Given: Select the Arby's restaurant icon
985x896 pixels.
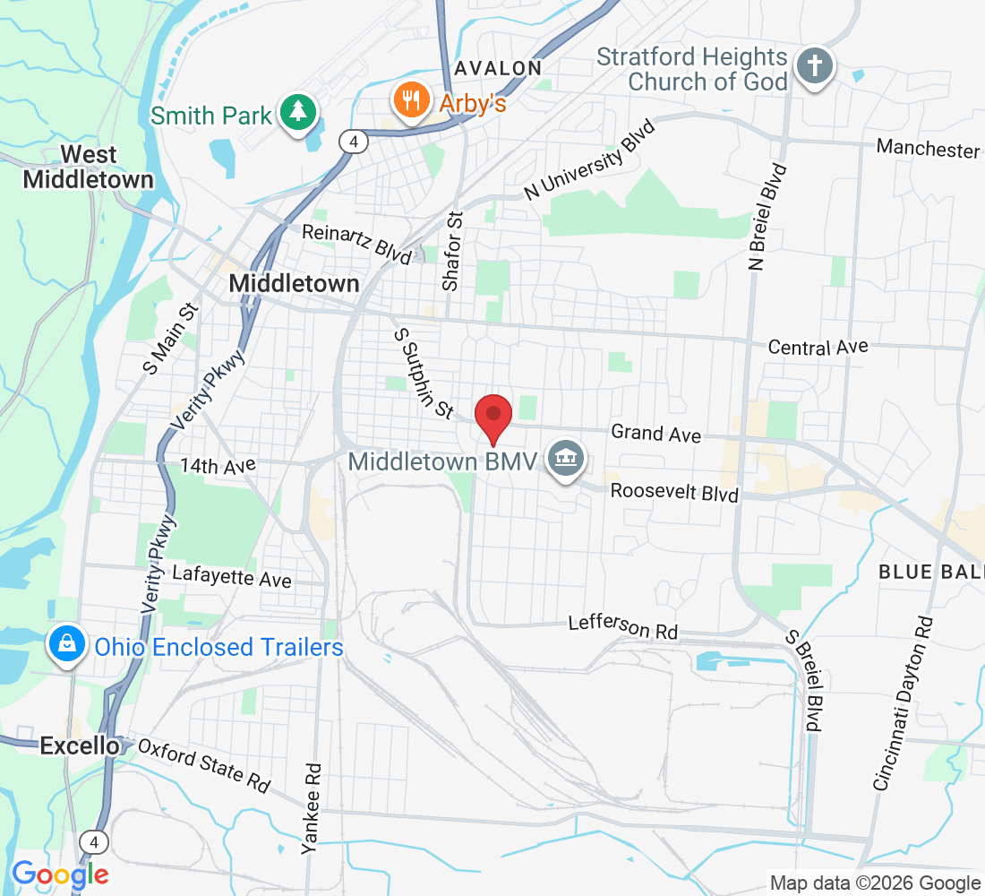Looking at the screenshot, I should tap(411, 101).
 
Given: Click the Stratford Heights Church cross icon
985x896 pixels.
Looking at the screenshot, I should tap(815, 67).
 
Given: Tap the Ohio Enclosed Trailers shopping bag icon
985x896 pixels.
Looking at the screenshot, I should tap(67, 644).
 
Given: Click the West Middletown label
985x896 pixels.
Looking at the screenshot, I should tap(88, 166).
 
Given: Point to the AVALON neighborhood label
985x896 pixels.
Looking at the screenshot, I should tap(498, 68).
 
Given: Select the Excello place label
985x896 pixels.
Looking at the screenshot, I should tap(80, 745).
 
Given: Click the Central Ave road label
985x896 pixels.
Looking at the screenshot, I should tap(818, 347).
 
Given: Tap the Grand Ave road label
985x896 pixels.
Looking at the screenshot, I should tap(655, 434).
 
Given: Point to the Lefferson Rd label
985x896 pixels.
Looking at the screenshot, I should tap(622, 627).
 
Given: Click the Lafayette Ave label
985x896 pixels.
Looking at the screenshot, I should tap(232, 577).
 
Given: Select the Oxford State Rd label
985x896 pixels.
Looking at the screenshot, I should tap(204, 764).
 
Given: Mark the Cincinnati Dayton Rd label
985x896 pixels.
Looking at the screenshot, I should tap(903, 703).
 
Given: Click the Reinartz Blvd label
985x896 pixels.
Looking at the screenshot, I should tap(356, 243).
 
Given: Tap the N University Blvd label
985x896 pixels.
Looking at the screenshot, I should tap(590, 159).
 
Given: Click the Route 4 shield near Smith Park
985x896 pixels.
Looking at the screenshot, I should tap(355, 141).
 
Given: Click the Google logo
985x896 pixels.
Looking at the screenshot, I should tap(60, 874).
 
